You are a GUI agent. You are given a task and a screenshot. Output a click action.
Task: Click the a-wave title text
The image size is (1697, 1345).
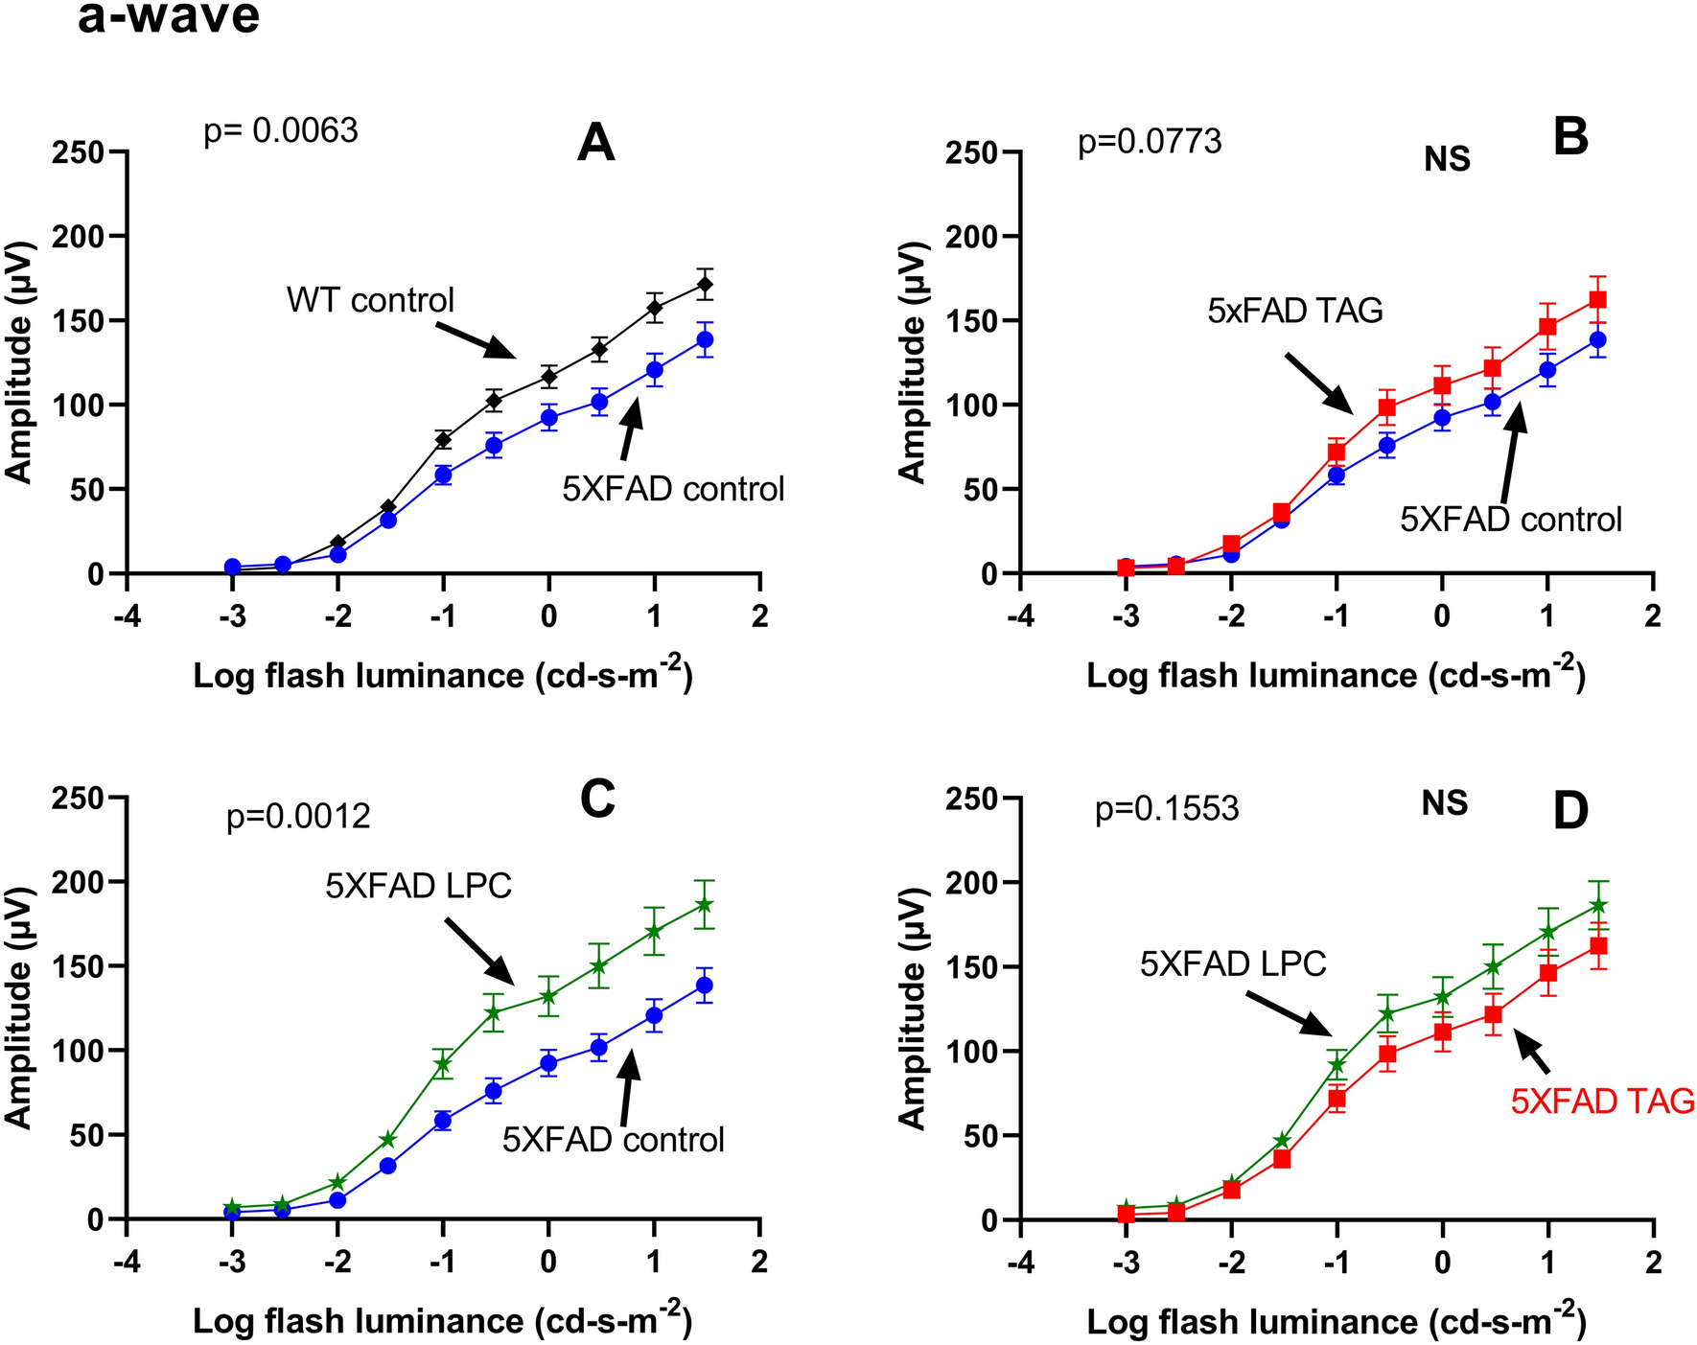point(169,17)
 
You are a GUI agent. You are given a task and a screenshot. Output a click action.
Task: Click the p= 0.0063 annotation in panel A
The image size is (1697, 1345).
point(281,130)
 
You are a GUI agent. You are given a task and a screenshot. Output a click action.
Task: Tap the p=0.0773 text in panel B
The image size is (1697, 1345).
point(1150,142)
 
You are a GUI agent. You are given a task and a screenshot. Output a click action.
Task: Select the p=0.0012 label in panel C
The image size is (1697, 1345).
point(298,817)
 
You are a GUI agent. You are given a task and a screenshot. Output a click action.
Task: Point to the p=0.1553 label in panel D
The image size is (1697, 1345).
point(1167,809)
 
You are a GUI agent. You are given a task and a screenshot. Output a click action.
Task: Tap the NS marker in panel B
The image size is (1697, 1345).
point(1447,159)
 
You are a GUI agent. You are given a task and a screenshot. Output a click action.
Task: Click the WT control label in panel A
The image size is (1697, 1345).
point(370,300)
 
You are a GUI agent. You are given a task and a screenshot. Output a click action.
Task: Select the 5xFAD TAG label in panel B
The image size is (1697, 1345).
point(1295,311)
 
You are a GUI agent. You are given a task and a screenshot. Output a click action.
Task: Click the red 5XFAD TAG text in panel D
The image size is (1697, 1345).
point(1603,1102)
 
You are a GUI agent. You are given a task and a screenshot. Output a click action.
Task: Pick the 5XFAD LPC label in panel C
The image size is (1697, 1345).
point(418,886)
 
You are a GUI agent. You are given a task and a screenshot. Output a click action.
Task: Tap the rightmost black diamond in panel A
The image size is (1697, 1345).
point(705,285)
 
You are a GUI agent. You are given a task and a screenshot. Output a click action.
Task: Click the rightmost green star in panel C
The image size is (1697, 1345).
point(705,905)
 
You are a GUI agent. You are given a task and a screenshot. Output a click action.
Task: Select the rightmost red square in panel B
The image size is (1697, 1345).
point(1597,300)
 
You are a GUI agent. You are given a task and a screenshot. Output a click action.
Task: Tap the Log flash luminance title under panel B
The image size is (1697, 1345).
point(1336,675)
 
